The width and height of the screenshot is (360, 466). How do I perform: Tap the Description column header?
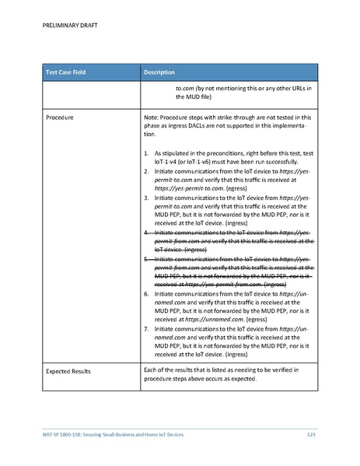(x=159, y=72)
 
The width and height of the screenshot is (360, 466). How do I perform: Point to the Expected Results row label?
(x=68, y=371)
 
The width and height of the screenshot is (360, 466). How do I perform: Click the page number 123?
(x=310, y=433)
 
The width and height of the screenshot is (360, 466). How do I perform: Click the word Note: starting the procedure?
(x=152, y=117)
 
